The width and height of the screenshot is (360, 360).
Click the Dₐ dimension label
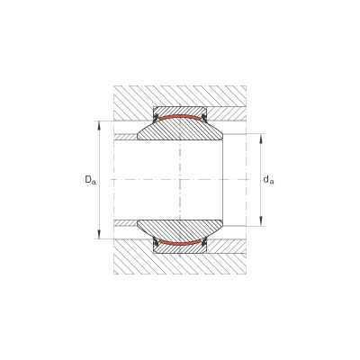tap(90, 180)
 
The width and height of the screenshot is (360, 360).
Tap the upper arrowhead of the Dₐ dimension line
tap(100, 125)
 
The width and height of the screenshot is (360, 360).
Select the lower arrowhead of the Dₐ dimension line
tap(100, 234)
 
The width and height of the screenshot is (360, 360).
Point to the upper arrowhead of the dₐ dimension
tap(261, 139)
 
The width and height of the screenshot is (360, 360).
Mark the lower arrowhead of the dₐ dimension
tap(261, 220)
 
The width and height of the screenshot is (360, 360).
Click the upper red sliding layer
tap(180, 117)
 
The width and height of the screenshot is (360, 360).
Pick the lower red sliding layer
tap(180, 243)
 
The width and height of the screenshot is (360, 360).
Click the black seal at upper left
tap(156, 118)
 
